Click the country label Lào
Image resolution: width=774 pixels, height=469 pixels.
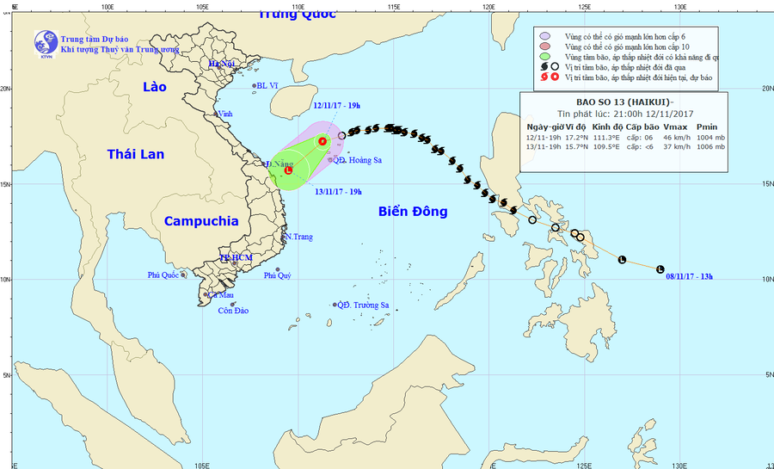point(155,87)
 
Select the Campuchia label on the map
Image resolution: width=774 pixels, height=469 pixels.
point(201,221)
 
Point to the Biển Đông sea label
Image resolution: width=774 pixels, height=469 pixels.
point(412,211)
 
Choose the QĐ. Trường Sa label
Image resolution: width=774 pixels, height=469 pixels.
point(365,305)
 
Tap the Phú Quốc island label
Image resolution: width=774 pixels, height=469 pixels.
point(163,275)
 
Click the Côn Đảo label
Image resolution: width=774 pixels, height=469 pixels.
point(233,311)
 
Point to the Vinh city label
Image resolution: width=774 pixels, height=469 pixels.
point(226,114)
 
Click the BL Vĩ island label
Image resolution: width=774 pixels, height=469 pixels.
point(268,86)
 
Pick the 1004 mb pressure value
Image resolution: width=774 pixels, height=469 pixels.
point(711,137)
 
